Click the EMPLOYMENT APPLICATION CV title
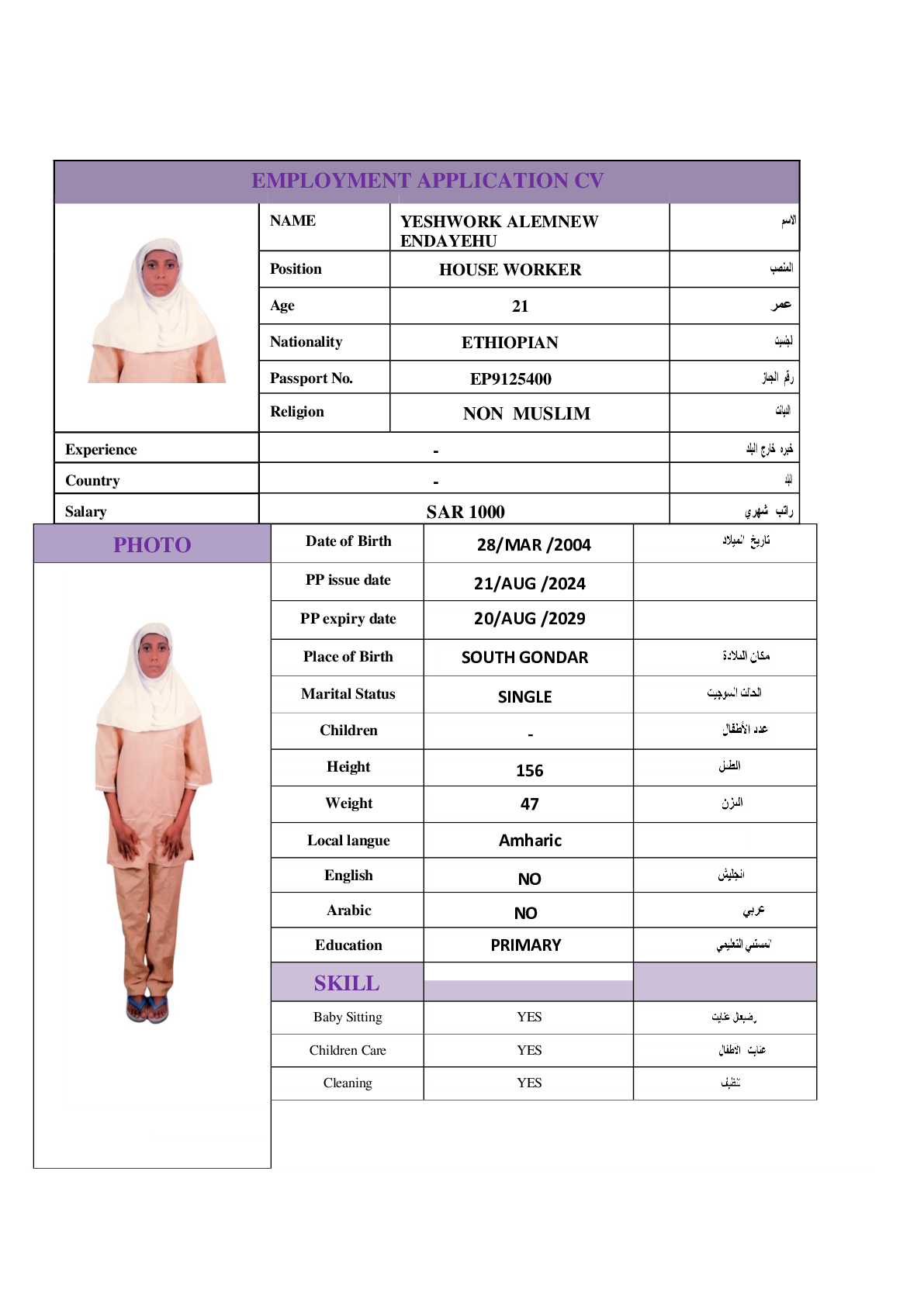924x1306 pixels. click(427, 181)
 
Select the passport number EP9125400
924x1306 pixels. click(510, 378)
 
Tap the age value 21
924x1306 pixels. click(520, 306)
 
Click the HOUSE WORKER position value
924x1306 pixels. click(510, 270)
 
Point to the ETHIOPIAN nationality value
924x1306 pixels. click(510, 343)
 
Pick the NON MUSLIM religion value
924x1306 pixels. click(526, 414)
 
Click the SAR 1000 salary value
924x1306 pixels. click(465, 512)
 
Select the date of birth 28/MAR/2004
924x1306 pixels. click(534, 545)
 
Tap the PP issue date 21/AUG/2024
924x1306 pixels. click(529, 583)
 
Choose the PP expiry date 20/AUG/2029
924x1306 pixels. click(529, 619)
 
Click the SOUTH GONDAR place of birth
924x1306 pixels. click(524, 658)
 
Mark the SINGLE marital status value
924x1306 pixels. click(524, 696)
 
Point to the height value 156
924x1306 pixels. click(529, 770)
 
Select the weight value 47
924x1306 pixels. click(529, 804)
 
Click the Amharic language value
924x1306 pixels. click(530, 841)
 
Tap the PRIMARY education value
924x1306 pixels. click(525, 945)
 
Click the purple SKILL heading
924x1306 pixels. click(347, 983)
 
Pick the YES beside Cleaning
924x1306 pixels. click(529, 1083)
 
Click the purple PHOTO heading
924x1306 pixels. click(152, 544)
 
